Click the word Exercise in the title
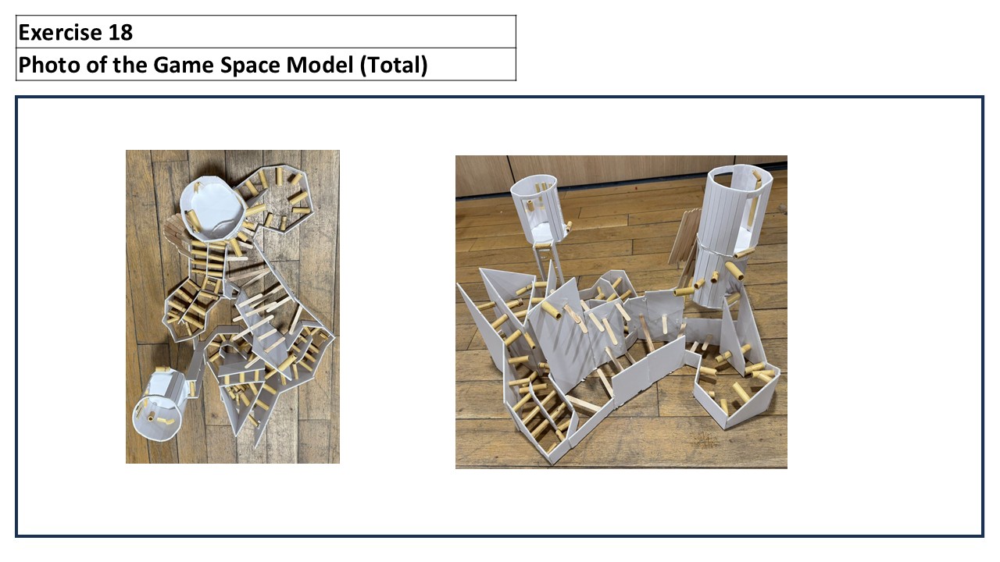(60, 32)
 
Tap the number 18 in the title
(120, 32)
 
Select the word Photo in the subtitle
(49, 65)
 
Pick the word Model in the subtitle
(320, 65)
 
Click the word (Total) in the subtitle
(394, 65)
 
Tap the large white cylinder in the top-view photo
(212, 210)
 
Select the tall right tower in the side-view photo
(732, 237)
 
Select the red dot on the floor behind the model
(637, 189)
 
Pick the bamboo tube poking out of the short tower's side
(568, 226)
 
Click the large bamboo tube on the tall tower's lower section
(734, 271)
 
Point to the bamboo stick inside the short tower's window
(530, 206)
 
